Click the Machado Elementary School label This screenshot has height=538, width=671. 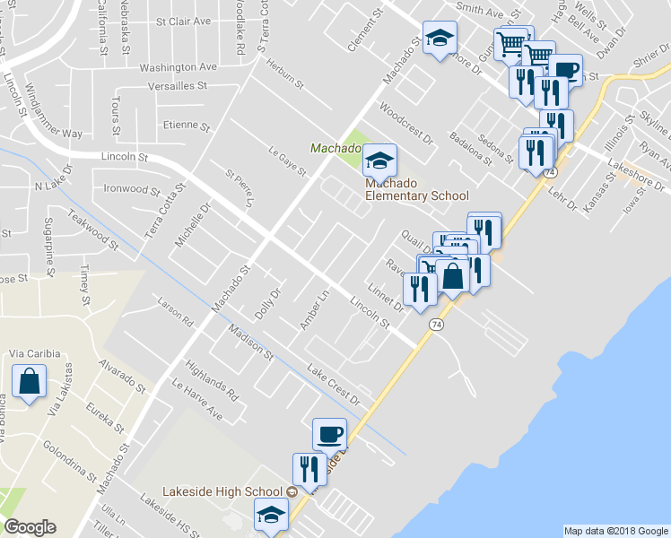point(415,189)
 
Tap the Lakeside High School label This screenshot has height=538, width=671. point(223,491)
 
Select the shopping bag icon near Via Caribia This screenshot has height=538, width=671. point(30,381)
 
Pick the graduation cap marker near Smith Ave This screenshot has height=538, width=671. point(440,39)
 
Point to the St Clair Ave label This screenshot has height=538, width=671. point(183,21)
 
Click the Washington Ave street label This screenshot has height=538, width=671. point(179,66)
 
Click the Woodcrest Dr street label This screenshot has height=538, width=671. point(406,127)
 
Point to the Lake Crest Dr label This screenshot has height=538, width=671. point(333,384)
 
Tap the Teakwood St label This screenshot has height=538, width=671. point(94,228)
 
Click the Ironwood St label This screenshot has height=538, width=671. point(132,189)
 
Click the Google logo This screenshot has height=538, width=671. point(30,527)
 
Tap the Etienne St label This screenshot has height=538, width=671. point(186,126)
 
